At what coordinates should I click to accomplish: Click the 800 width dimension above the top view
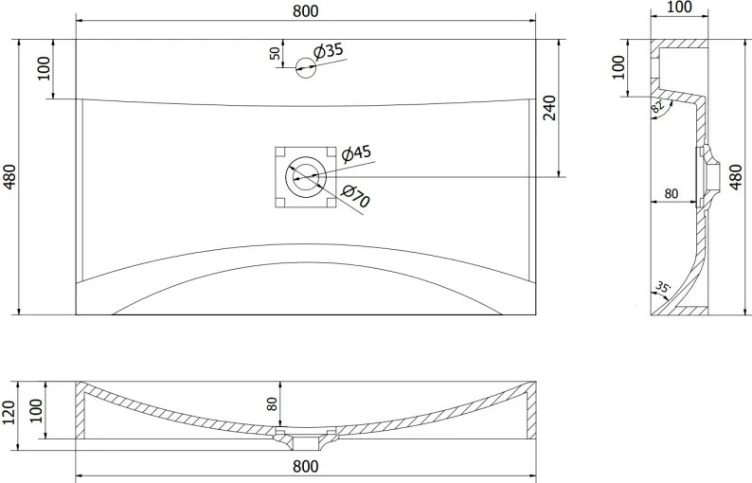click(x=305, y=10)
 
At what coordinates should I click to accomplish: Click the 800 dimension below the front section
click(x=305, y=466)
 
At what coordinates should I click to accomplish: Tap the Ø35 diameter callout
click(x=329, y=50)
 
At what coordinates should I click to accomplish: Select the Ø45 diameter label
click(x=356, y=153)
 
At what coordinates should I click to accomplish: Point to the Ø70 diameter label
click(x=355, y=195)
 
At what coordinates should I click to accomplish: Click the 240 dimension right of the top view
click(x=549, y=107)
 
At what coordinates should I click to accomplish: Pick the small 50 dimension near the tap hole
click(x=275, y=53)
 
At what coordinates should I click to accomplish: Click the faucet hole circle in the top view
click(x=306, y=67)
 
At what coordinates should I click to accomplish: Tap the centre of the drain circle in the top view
click(x=306, y=177)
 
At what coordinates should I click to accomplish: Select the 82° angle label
click(x=657, y=106)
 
